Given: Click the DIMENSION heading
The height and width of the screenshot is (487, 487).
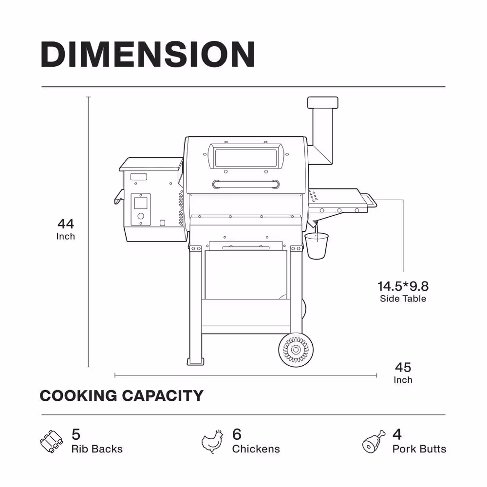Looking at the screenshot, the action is (x=148, y=55).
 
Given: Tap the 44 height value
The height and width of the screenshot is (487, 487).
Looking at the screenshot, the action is (x=66, y=224).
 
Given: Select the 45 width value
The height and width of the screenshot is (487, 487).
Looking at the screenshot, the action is (x=403, y=367).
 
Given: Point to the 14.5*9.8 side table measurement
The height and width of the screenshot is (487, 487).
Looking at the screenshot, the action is (x=403, y=286).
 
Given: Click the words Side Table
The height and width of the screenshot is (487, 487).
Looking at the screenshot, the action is (x=403, y=299).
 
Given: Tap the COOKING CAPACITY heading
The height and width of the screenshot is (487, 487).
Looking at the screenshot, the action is (x=121, y=395).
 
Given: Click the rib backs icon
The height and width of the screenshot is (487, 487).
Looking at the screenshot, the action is (x=51, y=441).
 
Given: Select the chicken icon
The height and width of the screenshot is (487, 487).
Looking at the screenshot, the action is (x=212, y=441).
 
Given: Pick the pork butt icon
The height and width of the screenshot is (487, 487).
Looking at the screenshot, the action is (x=374, y=441).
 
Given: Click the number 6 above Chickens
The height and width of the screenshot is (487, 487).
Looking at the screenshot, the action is (x=237, y=434).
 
